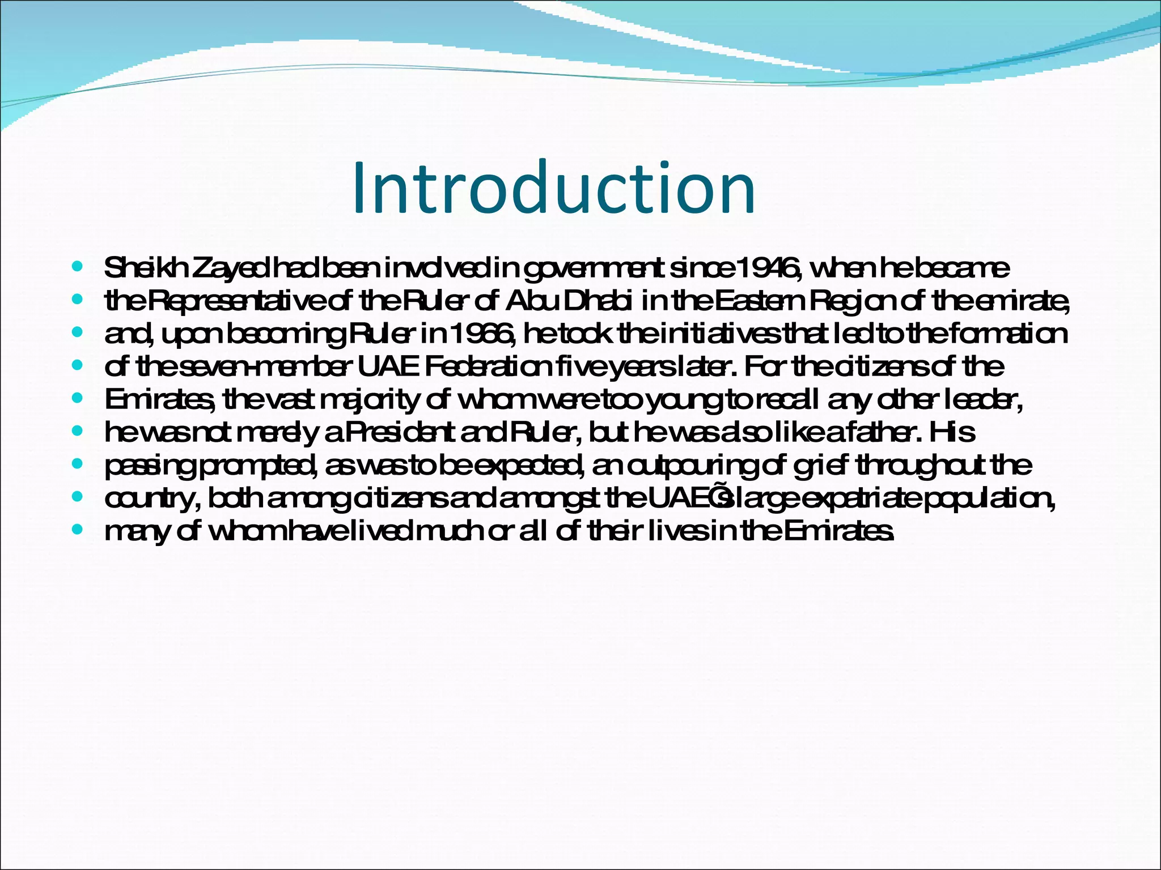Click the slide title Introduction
pos(553,188)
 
